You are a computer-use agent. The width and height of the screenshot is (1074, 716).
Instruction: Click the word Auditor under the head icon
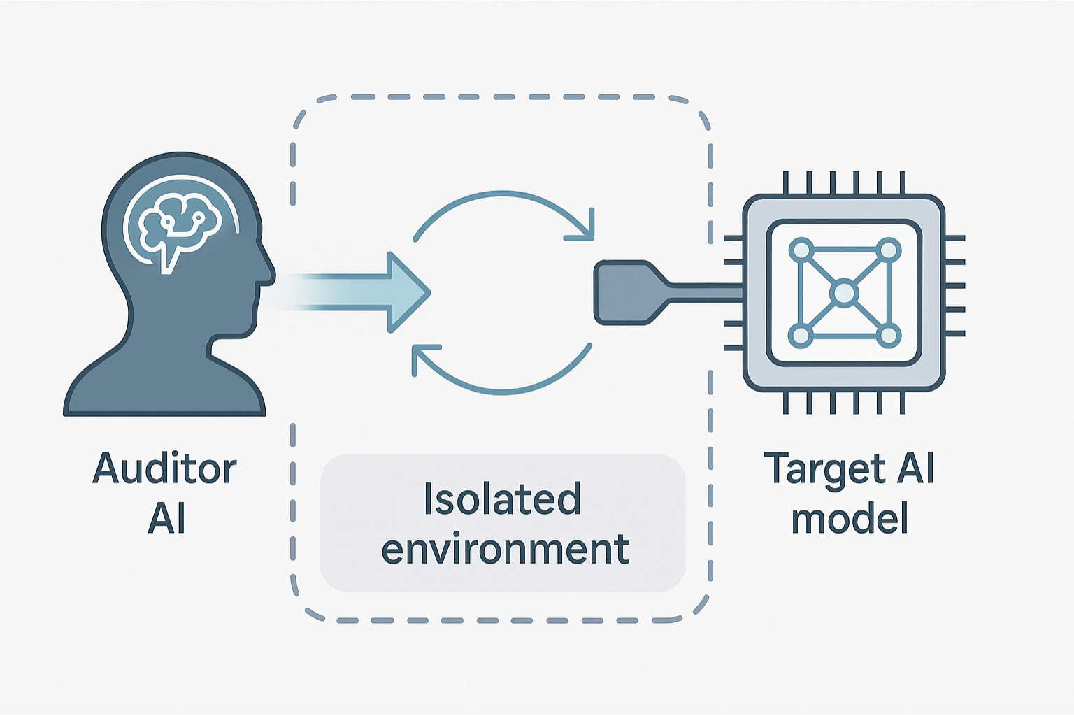[x=164, y=468]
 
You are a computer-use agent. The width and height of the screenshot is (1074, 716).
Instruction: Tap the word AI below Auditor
[x=166, y=518]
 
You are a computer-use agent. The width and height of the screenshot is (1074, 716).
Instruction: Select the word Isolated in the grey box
[x=502, y=499]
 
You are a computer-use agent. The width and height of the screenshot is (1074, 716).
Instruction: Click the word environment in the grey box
[x=505, y=549]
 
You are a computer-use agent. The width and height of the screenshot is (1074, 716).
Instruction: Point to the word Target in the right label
[x=825, y=468]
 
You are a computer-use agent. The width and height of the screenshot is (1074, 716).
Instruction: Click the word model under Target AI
[x=850, y=518]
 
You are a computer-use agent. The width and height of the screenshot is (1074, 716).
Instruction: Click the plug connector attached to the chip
[x=624, y=292]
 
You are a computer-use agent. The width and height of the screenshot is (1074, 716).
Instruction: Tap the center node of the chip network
[x=844, y=292]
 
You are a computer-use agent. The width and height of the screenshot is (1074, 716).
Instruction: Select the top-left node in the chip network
[x=801, y=250]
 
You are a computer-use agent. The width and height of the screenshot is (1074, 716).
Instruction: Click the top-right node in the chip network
[x=887, y=250]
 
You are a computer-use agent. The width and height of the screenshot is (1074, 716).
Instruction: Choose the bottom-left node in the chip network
[x=801, y=336]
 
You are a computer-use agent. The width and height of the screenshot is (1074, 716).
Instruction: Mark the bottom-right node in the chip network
[x=887, y=336]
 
